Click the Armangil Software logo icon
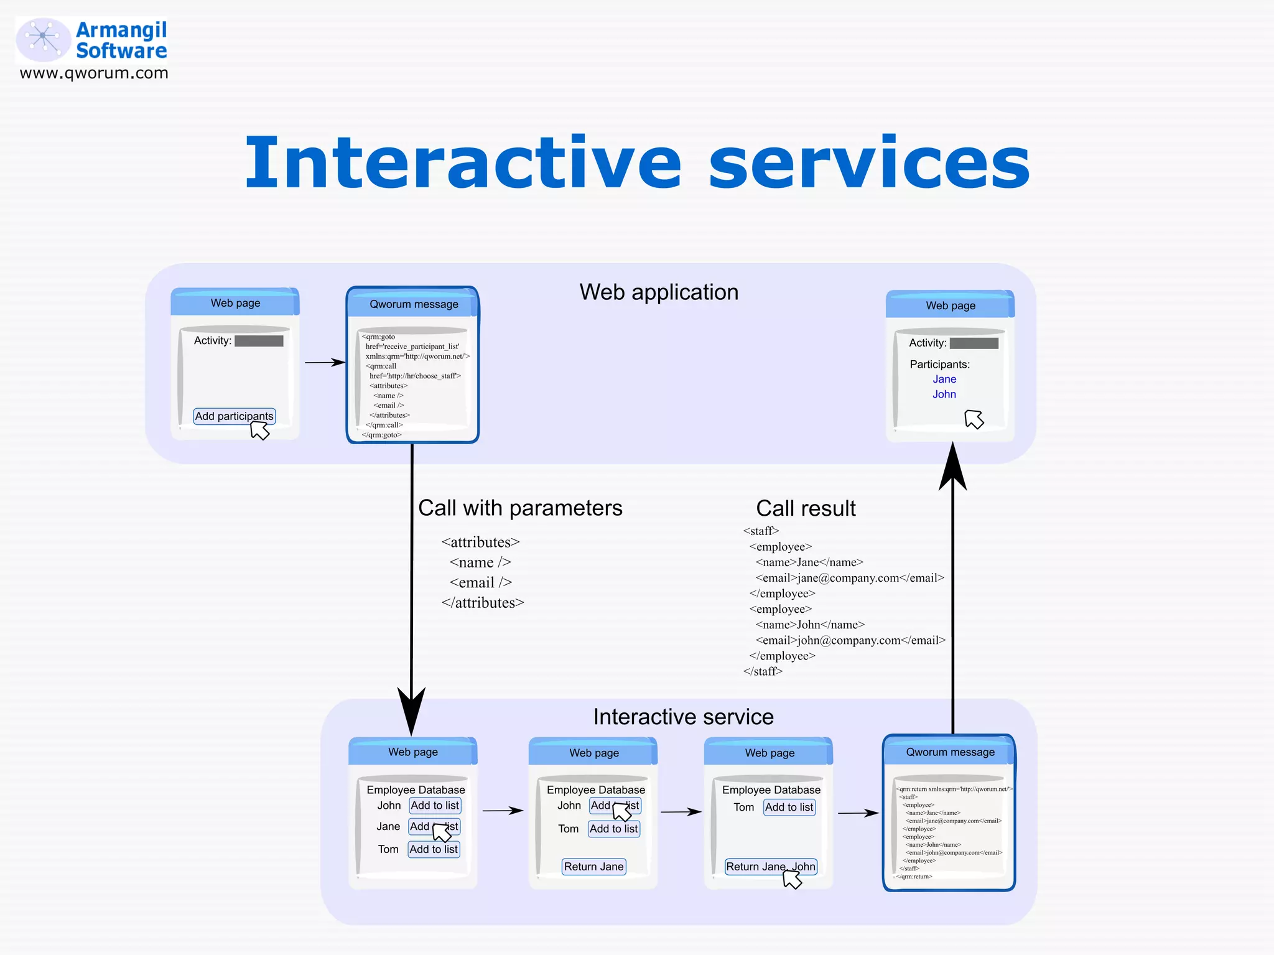pos(42,39)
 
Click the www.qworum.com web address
pos(94,73)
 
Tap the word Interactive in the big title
pos(463,163)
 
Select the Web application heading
pos(659,292)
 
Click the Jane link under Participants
pos(944,379)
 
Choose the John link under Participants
pos(944,394)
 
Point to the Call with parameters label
pos(520,508)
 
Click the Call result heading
pos(806,508)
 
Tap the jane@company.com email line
pos(850,578)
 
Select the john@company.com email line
pos(850,640)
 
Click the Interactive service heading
pos(683,717)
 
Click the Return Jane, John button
pos(770,867)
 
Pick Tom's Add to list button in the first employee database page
pos(434,849)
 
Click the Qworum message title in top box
pos(414,304)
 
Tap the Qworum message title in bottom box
pos(950,752)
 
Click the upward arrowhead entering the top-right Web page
pos(952,467)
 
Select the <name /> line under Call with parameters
pos(480,562)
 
